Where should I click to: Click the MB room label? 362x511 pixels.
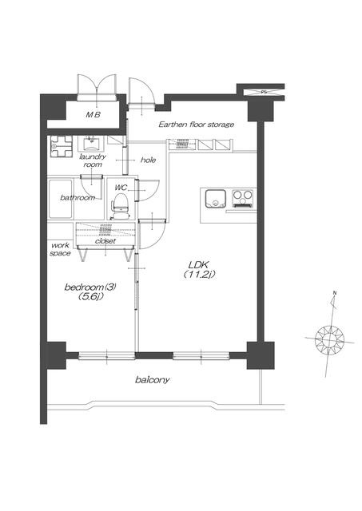coord(93,115)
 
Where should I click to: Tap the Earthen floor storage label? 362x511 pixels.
coord(197,125)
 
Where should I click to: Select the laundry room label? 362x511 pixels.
coord(93,160)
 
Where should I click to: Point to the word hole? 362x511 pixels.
coord(148,160)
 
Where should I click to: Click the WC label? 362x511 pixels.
coord(121,188)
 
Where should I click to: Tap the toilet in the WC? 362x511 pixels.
coord(121,206)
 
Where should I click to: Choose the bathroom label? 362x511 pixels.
coord(78,197)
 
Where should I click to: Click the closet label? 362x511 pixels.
coord(105,241)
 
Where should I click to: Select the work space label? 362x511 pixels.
coord(61,249)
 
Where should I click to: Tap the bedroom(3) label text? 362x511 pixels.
coord(90,287)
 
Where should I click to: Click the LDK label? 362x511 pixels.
coord(199,264)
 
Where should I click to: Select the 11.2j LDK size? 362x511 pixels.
coord(199,275)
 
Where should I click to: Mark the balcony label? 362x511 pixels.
coord(153,380)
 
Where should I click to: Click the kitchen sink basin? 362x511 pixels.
coord(215,199)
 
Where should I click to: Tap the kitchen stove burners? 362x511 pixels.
coord(242,199)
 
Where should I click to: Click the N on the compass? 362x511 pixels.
coord(334,293)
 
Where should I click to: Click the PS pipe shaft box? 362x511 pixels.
coord(265,93)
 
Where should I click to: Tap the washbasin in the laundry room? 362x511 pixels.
coord(90,144)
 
